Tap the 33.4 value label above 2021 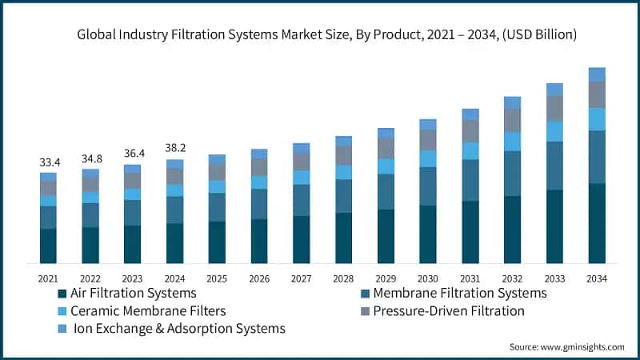click(x=49, y=163)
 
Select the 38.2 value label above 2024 click(x=175, y=150)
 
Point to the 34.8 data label click(x=90, y=159)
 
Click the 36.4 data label click(x=133, y=154)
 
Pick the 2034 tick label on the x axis click(x=597, y=278)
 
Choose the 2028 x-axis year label click(x=343, y=278)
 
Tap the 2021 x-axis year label click(x=49, y=278)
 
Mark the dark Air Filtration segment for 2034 click(x=597, y=223)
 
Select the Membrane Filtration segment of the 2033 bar click(x=554, y=166)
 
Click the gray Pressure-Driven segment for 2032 click(x=512, y=120)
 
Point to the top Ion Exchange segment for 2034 click(x=597, y=74)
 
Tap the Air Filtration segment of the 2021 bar click(x=49, y=246)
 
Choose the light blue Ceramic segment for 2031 click(x=470, y=150)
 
